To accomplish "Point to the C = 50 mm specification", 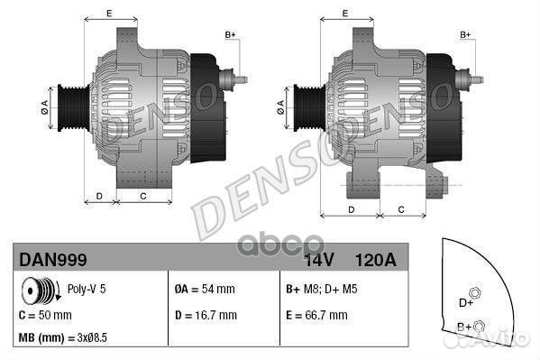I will [45, 315].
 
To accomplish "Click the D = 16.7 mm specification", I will [205, 315].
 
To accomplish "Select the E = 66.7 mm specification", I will [316, 315].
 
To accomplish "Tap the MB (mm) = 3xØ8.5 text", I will [63, 339].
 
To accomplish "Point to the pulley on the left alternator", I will [72, 105].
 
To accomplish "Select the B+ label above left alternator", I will [229, 34].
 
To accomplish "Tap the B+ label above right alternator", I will [466, 34].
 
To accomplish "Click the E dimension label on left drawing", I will [109, 13].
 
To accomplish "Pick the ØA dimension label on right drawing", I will [280, 105].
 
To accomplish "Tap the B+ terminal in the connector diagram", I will [480, 326].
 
